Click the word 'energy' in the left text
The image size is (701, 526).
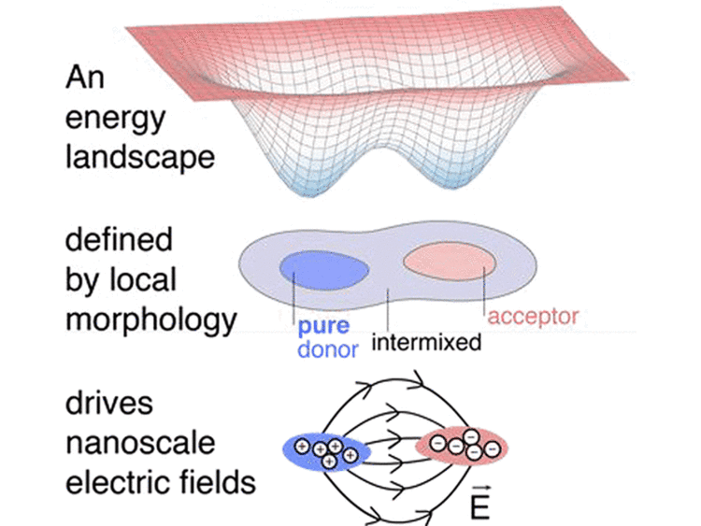116,120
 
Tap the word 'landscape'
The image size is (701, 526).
139,155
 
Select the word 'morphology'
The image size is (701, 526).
150,320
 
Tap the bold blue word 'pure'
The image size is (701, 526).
324,328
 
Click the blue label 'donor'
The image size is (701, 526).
327,351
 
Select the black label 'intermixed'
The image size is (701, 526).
426,343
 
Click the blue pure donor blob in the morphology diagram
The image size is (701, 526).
323,267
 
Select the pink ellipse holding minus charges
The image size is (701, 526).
464,446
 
